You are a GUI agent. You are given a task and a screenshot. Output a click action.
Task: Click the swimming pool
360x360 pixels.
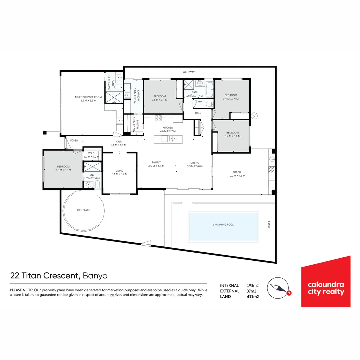tap(223, 227)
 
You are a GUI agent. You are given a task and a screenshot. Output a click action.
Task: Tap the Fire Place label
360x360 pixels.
tap(83, 210)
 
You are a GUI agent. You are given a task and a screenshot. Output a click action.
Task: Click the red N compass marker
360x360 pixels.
tap(289, 293)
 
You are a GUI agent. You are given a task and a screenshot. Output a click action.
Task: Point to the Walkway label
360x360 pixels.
tap(188, 72)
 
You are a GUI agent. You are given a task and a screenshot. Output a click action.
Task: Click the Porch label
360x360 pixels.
tap(237, 172)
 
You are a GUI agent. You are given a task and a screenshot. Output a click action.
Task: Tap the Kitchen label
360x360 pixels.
tap(168, 128)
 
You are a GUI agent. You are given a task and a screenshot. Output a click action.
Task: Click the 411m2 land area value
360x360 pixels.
tap(253, 297)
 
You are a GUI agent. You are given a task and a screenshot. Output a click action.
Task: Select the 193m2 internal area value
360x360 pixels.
tap(253, 285)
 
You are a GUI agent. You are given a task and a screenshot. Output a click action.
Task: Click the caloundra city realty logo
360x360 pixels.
tap(326, 288)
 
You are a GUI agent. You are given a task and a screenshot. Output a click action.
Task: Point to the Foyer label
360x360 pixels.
tap(74, 141)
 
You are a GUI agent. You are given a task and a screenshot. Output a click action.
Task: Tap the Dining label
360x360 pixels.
tap(195, 163)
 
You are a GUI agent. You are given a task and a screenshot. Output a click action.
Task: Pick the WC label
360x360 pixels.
tap(200, 102)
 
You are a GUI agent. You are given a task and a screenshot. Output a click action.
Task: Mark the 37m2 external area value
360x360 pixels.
tap(252, 291)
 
